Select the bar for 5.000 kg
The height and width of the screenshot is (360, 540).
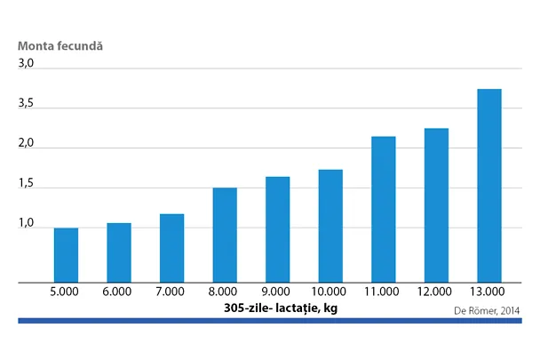coord(66,255)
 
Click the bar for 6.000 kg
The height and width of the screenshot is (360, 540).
coord(118,252)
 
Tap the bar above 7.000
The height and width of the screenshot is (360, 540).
coord(171,248)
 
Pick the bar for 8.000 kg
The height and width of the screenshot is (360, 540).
coord(225,235)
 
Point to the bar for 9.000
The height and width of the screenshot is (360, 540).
coord(277,229)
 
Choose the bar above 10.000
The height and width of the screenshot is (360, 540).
coord(330,226)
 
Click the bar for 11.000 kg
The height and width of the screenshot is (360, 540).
coord(383,209)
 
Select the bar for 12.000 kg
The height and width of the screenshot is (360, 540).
coord(436,205)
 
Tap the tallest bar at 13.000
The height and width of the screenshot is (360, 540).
coord(489,186)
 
